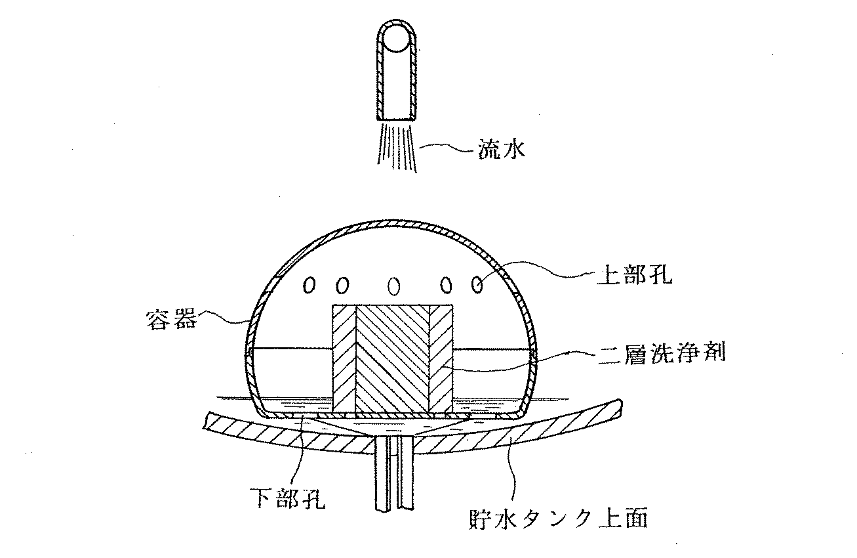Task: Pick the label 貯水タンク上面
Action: click(x=559, y=519)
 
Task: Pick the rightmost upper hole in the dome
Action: click(x=478, y=284)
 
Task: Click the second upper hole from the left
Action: click(x=341, y=285)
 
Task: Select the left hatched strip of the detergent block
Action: click(x=344, y=358)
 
